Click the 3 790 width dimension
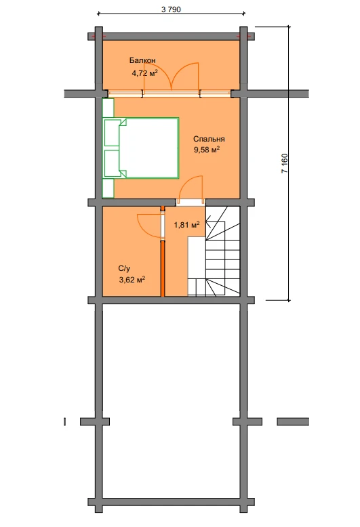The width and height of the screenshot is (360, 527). point(171,9)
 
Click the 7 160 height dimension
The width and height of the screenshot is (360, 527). point(285,163)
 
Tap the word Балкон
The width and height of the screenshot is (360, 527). point(142,60)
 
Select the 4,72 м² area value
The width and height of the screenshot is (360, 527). point(144,73)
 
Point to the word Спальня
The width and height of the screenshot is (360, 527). point(209,139)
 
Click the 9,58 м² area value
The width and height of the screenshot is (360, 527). point(207,150)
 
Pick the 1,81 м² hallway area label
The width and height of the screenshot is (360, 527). point(186,224)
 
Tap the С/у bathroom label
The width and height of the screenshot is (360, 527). point(124,268)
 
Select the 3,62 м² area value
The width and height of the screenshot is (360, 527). point(132,279)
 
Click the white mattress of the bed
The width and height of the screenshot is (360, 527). point(151,148)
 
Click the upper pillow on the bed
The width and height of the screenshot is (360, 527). point(112,133)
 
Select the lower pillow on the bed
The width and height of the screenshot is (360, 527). point(112,163)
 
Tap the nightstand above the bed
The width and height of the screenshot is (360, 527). point(108,108)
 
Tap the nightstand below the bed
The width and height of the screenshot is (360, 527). point(108,188)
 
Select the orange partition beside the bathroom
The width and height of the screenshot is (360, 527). point(163,268)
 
